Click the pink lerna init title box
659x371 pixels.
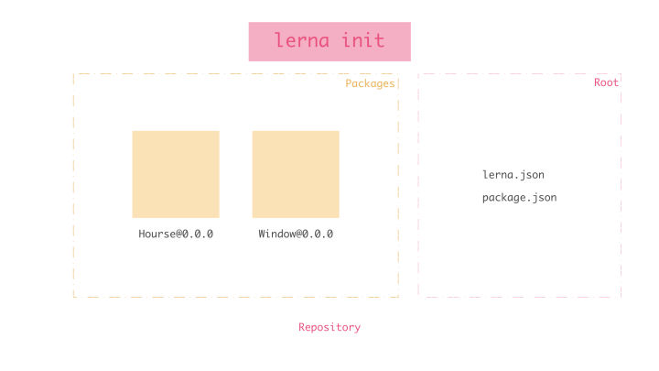click(329, 41)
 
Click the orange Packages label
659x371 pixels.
click(370, 83)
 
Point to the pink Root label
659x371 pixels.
click(606, 82)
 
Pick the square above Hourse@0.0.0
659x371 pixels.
click(176, 174)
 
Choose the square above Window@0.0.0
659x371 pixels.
click(296, 174)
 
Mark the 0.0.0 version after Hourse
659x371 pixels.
click(198, 234)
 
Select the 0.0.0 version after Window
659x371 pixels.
click(318, 234)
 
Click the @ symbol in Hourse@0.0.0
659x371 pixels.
click(178, 234)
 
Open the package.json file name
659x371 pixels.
click(519, 198)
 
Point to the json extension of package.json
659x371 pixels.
click(544, 198)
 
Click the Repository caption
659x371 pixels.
click(329, 327)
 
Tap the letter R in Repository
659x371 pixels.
click(302, 327)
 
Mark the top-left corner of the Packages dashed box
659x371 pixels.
click(74, 74)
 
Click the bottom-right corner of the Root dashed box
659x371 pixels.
click(621, 296)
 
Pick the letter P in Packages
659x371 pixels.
click(349, 83)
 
